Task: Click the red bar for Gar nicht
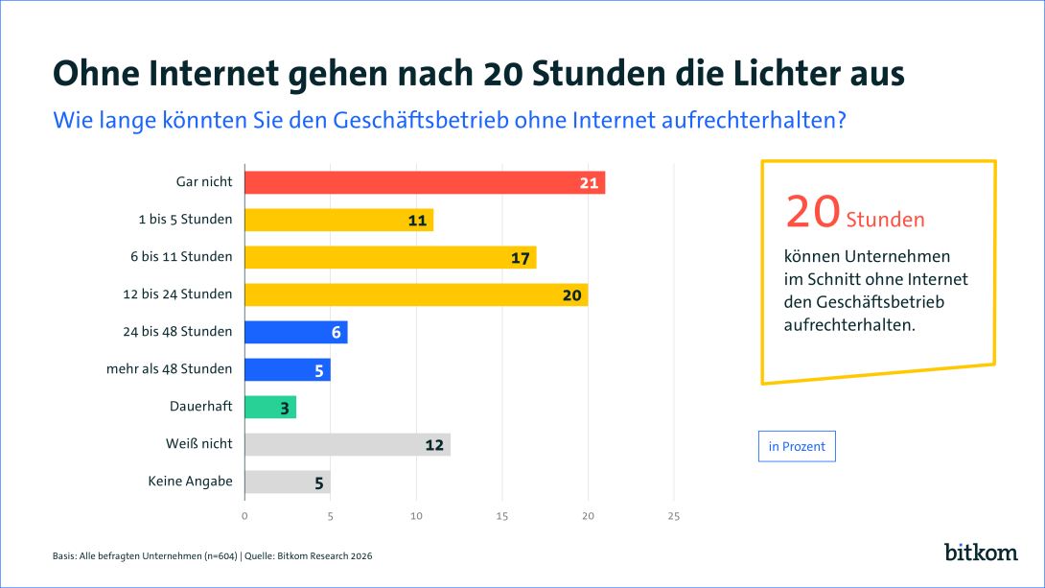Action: pos(424,182)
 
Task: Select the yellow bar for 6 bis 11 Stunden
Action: pos(389,257)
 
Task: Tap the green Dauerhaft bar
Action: pos(269,407)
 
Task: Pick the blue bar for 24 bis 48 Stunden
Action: pos(295,332)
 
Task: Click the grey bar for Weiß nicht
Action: pos(346,444)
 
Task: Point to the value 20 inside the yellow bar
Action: pos(572,295)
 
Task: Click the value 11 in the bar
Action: pos(417,221)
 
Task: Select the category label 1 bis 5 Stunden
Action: pos(185,220)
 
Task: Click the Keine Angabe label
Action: pos(190,482)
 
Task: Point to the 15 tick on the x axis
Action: pos(502,517)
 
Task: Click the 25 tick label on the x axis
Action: pos(673,517)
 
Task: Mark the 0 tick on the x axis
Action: pos(244,517)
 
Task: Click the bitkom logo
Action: pos(979,552)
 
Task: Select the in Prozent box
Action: pos(797,447)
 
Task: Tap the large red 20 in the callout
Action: pos(813,212)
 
